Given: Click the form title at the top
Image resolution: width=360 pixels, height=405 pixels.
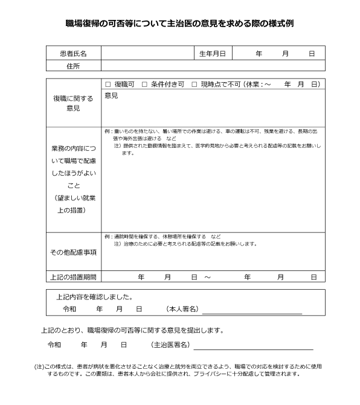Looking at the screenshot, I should (x=179, y=24).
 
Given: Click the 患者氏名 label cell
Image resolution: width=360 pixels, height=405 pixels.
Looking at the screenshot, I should (x=74, y=54).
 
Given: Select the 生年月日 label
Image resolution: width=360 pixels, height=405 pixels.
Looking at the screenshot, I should (x=212, y=54).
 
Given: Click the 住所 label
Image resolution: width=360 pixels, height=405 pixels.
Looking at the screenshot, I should (x=74, y=66).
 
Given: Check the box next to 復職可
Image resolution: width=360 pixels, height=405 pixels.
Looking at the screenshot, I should (x=108, y=85).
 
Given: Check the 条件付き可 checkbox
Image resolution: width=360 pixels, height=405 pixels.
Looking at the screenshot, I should (x=145, y=85).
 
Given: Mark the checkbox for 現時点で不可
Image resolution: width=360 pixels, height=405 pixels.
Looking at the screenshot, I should (x=194, y=85).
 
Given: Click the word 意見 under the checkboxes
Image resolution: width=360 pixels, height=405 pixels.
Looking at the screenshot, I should (x=111, y=95).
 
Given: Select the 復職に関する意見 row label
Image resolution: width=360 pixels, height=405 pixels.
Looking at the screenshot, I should (x=74, y=103).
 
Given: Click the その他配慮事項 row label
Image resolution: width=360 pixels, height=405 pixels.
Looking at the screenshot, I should (x=74, y=252).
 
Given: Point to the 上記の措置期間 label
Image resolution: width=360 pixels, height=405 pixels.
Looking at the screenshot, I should (x=74, y=277).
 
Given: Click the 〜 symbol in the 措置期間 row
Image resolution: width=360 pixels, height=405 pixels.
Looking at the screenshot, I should (x=207, y=277).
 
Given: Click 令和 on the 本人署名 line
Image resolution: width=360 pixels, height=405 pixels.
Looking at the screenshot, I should (x=69, y=309).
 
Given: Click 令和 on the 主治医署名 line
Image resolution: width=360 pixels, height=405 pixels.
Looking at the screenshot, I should (x=54, y=345).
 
